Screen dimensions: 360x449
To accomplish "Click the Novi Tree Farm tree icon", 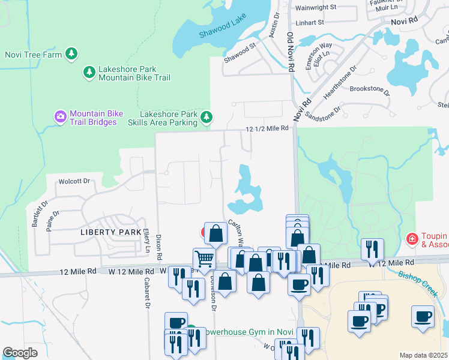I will pyautogui.click(x=72, y=54).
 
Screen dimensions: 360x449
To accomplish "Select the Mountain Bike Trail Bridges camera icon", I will pyautogui.click(x=60, y=116).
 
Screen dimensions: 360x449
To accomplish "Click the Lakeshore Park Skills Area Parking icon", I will pyautogui.click(x=206, y=116).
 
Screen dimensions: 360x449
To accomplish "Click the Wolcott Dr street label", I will pyautogui.click(x=73, y=181).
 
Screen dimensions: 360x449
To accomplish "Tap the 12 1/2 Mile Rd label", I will pyautogui.click(x=268, y=128).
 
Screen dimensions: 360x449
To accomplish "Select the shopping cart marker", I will pyautogui.click(x=205, y=259).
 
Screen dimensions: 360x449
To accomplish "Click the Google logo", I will pyautogui.click(x=20, y=353).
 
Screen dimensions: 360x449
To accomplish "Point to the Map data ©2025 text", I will pyautogui.click(x=423, y=355).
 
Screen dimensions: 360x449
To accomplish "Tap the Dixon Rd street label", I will pyautogui.click(x=159, y=246).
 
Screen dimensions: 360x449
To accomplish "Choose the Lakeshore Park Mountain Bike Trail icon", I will pyautogui.click(x=89, y=73).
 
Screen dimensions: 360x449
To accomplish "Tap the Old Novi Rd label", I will pyautogui.click(x=290, y=53).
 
